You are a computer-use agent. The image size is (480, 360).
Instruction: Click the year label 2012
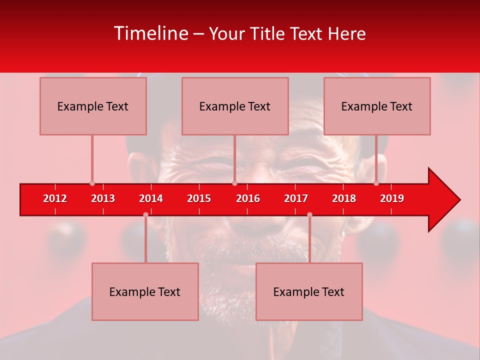[55, 198]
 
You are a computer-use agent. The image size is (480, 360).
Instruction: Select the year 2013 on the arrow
[103, 198]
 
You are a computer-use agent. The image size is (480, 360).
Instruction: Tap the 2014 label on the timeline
[151, 198]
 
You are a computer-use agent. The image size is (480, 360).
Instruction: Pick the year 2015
[199, 198]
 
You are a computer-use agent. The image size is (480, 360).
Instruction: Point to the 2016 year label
[248, 198]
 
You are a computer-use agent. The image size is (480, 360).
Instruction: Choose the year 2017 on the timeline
[296, 198]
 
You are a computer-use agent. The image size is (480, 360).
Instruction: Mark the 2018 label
[344, 198]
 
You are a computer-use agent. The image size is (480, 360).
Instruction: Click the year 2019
[392, 198]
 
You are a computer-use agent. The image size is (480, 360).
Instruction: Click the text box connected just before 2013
[93, 106]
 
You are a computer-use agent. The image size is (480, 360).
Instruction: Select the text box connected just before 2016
[235, 106]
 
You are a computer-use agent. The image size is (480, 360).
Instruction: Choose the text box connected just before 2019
[377, 106]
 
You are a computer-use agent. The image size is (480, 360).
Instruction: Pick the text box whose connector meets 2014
[145, 291]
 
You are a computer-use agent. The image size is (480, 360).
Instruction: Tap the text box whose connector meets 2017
[309, 291]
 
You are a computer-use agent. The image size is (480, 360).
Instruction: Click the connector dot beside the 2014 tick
[145, 214]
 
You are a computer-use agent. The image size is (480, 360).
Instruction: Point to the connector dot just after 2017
[309, 214]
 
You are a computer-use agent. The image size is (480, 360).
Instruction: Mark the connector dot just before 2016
[234, 183]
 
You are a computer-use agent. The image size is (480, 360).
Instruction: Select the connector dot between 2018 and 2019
[376, 183]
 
